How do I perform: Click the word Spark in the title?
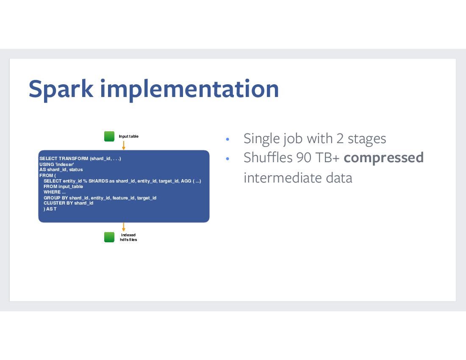tap(61, 89)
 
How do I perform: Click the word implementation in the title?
tap(190, 89)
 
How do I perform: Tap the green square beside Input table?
tap(109, 136)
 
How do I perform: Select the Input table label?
tap(129, 136)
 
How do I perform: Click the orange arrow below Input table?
tap(124, 146)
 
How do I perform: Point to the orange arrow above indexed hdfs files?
tap(124, 227)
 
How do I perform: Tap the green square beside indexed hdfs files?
tap(109, 237)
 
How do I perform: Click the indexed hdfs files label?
tap(128, 237)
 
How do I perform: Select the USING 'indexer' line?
tap(57, 164)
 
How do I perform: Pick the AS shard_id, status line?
tap(61, 169)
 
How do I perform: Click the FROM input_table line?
tap(63, 186)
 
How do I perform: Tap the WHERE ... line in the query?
tap(55, 192)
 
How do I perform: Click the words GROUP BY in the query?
tap(56, 198)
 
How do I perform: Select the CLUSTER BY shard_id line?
tap(68, 203)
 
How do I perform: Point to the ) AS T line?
tap(50, 209)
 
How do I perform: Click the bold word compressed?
tap(384, 158)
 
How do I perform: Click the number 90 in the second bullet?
tap(304, 158)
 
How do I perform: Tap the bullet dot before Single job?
tap(227, 139)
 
